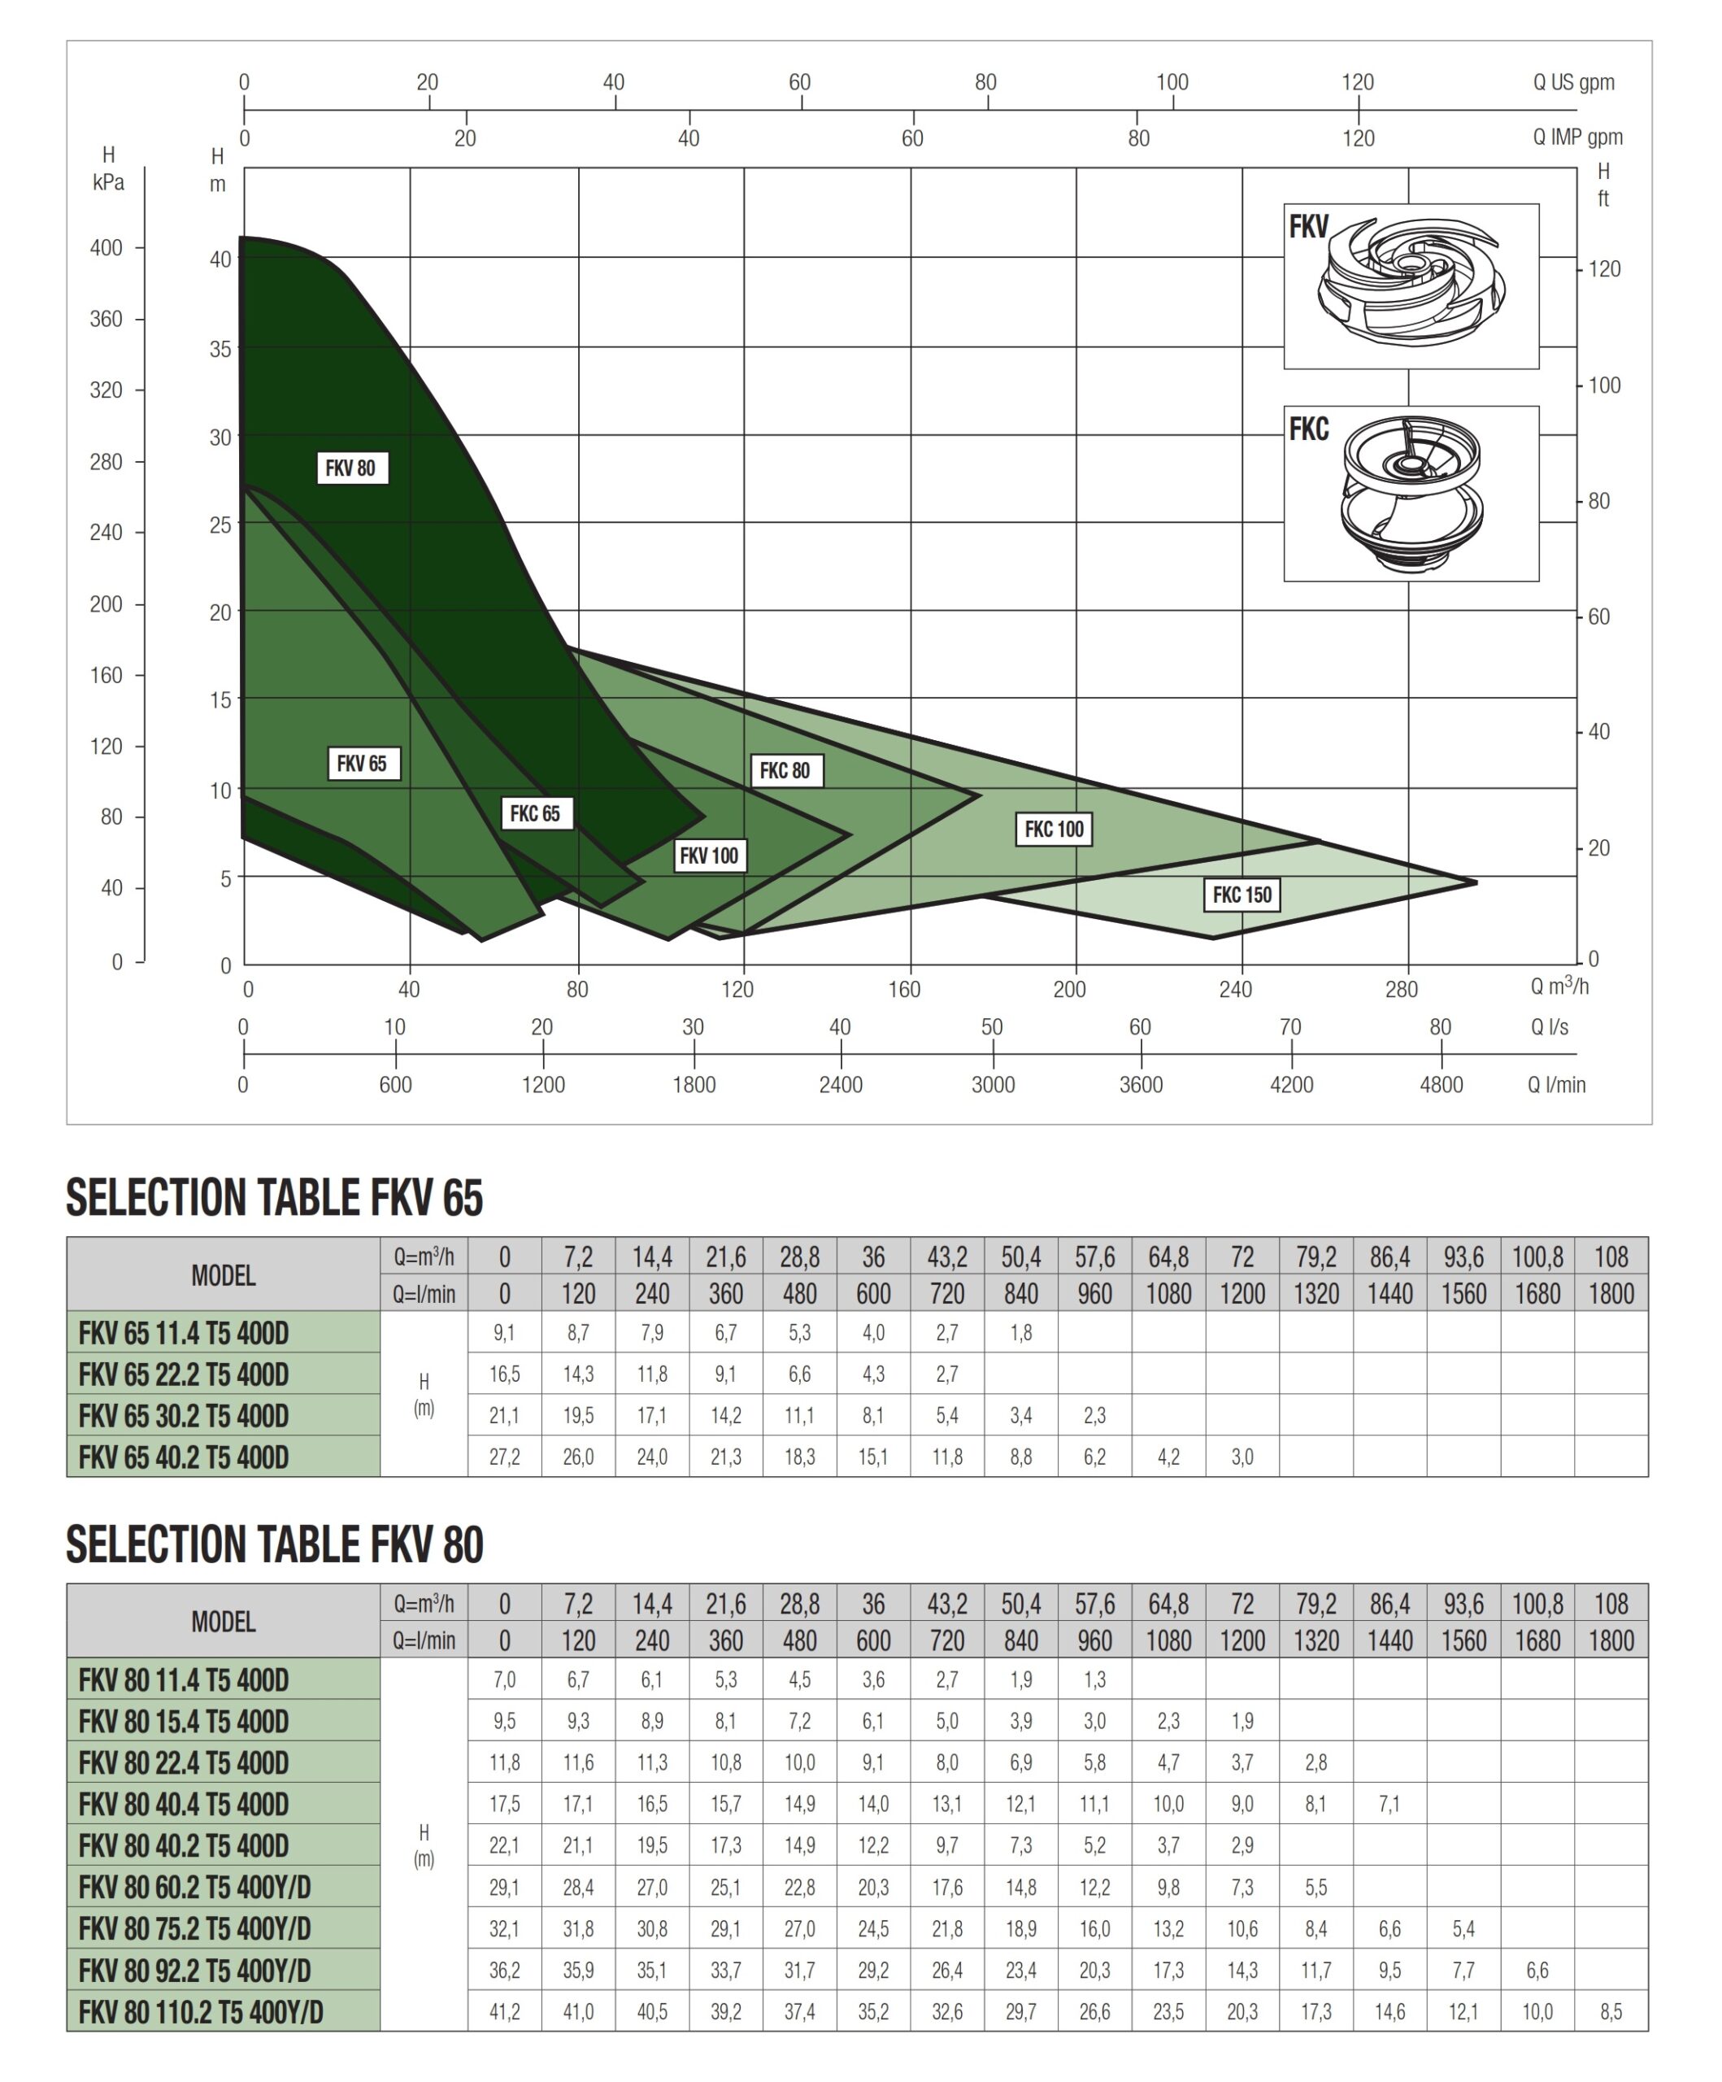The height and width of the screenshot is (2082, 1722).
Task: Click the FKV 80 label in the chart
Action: [x=351, y=468]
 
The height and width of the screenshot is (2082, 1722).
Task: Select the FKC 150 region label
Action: [x=1241, y=895]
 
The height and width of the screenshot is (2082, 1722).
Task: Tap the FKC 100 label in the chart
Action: [x=1054, y=829]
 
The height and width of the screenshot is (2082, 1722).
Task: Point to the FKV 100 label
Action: [x=709, y=856]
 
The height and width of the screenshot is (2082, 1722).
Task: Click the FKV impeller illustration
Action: [x=1411, y=285]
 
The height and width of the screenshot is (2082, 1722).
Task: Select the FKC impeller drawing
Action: [x=1411, y=493]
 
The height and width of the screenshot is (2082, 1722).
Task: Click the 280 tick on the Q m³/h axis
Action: [x=1401, y=988]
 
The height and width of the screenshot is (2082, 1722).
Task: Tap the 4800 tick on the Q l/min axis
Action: [x=1441, y=1083]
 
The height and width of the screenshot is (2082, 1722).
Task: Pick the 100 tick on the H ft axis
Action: [x=1604, y=385]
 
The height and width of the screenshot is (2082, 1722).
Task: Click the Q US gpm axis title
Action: [x=1573, y=82]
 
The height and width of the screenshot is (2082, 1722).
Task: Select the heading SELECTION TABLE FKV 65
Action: [x=275, y=1198]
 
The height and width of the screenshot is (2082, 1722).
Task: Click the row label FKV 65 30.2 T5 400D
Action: [x=185, y=1416]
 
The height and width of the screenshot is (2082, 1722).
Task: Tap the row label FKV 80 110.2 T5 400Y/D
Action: [x=202, y=2011]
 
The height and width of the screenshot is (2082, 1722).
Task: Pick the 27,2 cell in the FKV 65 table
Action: [x=505, y=1457]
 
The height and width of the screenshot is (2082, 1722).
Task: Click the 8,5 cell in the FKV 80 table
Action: [x=1611, y=2011]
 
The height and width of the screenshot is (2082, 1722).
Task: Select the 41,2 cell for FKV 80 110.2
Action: [x=505, y=2011]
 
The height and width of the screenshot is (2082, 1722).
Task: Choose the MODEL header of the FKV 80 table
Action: [x=223, y=1621]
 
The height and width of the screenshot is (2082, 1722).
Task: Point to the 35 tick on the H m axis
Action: [x=220, y=349]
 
